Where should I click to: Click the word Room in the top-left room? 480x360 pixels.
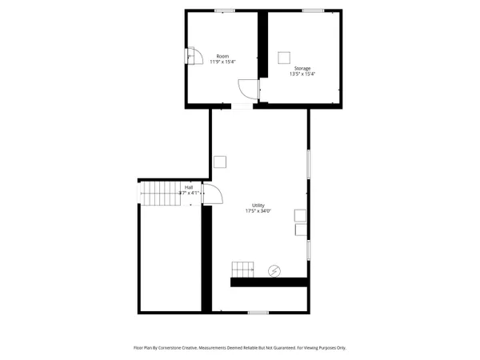[x=223, y=56]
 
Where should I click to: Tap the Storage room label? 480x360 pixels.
[x=302, y=69]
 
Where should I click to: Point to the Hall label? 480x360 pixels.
[x=188, y=187]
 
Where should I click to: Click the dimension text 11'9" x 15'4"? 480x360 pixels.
[x=223, y=62]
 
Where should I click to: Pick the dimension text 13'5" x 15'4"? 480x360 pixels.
[x=302, y=74]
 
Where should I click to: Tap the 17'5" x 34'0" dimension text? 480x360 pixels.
[x=258, y=211]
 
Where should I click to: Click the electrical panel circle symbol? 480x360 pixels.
[x=274, y=270]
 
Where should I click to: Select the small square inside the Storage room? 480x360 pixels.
[x=282, y=57]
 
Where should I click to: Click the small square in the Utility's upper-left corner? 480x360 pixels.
[x=219, y=162]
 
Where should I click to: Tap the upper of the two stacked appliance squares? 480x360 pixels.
[x=300, y=215]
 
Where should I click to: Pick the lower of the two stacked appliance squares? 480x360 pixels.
[x=300, y=230]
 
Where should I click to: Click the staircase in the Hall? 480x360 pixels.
[x=161, y=192]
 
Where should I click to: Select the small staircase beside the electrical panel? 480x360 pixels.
[x=242, y=269]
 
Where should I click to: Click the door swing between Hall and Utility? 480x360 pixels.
[x=212, y=194]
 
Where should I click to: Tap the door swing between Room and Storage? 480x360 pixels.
[x=250, y=90]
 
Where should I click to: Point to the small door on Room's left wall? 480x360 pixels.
[x=190, y=56]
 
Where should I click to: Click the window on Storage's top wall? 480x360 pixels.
[x=313, y=10]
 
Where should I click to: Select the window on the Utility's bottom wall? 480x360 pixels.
[x=258, y=312]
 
